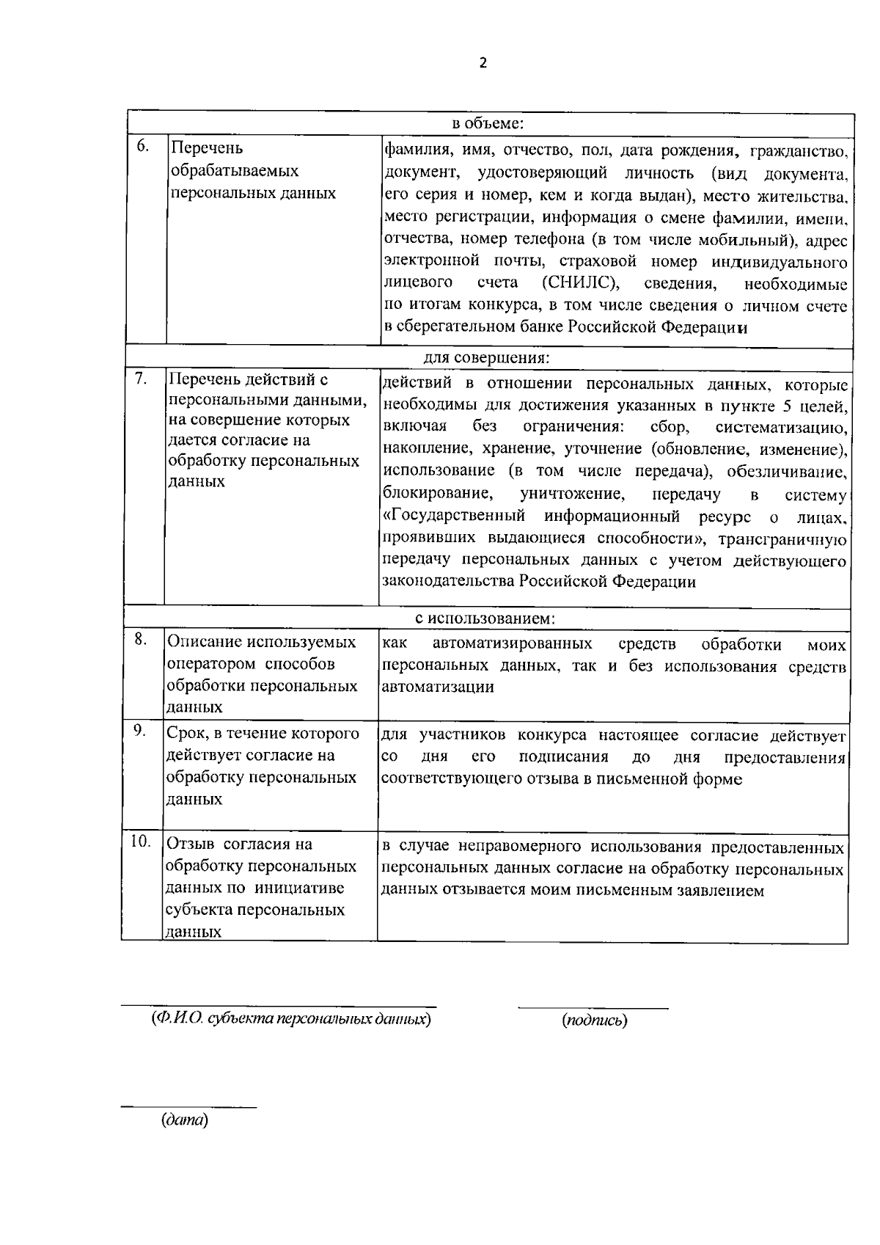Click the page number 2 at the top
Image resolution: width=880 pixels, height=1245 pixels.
click(482, 63)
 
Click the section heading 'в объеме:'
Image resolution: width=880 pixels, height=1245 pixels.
click(487, 123)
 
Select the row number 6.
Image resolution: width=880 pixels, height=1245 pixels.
click(142, 146)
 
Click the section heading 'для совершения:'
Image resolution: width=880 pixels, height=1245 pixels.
click(487, 358)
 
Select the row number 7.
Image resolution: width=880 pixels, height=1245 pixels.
click(141, 379)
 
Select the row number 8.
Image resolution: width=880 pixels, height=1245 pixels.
click(139, 640)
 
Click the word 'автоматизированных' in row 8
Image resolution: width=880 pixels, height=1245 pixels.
click(512, 644)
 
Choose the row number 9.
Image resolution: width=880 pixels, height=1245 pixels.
click(139, 731)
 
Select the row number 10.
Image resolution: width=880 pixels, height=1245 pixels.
click(141, 841)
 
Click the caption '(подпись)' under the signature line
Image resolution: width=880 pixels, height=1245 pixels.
click(594, 1021)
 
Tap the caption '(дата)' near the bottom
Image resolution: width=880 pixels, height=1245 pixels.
click(185, 1120)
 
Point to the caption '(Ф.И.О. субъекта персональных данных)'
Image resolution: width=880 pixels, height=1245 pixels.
click(290, 1019)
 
